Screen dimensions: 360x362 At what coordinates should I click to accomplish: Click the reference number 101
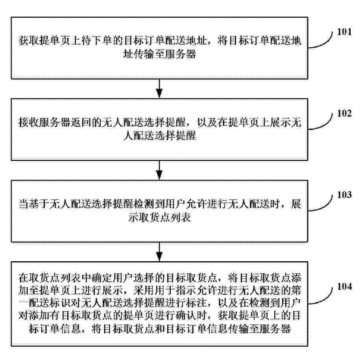point(344,32)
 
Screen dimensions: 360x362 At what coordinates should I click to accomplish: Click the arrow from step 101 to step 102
point(159,89)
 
